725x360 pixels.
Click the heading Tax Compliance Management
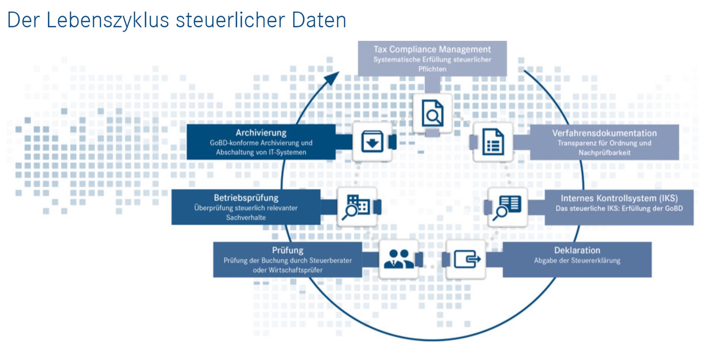(432, 49)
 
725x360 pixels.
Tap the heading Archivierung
(261, 132)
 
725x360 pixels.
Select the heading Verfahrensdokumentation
(604, 133)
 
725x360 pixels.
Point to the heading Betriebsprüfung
(246, 197)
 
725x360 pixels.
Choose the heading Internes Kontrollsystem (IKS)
(619, 198)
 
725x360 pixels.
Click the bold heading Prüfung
(288, 250)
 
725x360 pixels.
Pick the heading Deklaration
(577, 250)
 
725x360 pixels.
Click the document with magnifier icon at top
(432, 113)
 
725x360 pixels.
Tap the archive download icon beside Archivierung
(372, 141)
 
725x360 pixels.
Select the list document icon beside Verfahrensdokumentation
(493, 142)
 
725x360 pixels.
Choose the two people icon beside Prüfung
(398, 259)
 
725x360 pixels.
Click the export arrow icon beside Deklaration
(466, 259)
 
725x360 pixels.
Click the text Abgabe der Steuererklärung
(577, 261)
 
